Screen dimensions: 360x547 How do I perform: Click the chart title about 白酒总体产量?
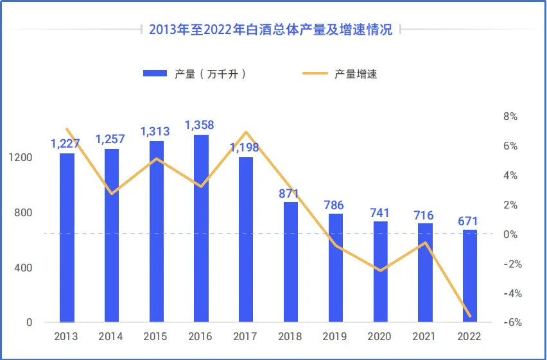pyautogui.click(x=270, y=30)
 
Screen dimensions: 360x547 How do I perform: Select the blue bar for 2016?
pyautogui.click(x=201, y=228)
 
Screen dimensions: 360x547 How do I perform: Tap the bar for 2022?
pyautogui.click(x=470, y=276)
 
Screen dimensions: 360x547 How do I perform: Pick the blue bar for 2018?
pyautogui.click(x=291, y=262)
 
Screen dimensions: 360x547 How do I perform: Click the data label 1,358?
pyautogui.click(x=200, y=125)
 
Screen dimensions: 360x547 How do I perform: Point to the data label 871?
pyautogui.click(x=290, y=193)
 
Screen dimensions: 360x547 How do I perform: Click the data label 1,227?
pyautogui.click(x=65, y=144)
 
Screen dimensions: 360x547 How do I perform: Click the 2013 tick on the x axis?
pyautogui.click(x=67, y=336)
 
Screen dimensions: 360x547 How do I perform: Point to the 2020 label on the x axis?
pyautogui.click(x=380, y=336)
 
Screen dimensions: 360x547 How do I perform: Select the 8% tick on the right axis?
pyautogui.click(x=510, y=116)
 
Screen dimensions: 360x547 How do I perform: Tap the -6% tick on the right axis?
pyautogui.click(x=512, y=323)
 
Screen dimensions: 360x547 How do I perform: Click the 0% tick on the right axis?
pyautogui.click(x=510, y=234)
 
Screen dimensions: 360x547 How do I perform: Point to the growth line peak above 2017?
pyautogui.click(x=246, y=132)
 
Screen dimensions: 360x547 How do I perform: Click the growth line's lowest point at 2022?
pyautogui.click(x=470, y=316)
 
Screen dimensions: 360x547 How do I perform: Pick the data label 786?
pyautogui.click(x=334, y=206)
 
